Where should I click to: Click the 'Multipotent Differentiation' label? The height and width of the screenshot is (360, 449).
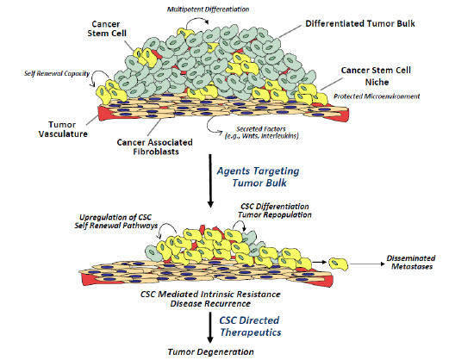(208, 9)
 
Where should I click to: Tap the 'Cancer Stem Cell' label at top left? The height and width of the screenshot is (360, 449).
(107, 28)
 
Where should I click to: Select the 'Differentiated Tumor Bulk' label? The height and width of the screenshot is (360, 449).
(360, 23)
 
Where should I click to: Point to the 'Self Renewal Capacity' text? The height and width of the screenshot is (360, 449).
(57, 73)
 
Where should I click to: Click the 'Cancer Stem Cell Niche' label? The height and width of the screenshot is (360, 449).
(376, 76)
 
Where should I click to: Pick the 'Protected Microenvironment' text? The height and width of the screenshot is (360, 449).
(377, 96)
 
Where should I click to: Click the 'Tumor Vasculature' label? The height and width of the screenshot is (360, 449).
(63, 129)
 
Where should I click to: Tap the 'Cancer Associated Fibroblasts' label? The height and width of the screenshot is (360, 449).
(155, 146)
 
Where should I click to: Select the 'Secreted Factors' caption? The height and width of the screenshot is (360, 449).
(261, 132)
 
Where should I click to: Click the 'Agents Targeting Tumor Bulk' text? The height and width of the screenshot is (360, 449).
(259, 177)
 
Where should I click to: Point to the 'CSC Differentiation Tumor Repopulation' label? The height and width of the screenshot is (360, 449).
(275, 210)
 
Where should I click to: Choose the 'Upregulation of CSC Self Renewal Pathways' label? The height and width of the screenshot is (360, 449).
(116, 221)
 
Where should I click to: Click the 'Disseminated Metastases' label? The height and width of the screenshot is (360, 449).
(411, 263)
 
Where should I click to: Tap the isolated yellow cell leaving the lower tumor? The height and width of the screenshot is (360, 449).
(339, 264)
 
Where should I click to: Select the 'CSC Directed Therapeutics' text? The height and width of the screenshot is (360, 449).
(250, 326)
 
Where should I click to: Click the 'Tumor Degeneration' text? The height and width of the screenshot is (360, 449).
(210, 351)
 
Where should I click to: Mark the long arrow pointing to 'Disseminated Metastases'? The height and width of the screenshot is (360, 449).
(367, 264)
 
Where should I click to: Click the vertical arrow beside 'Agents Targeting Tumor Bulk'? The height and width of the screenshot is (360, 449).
(210, 181)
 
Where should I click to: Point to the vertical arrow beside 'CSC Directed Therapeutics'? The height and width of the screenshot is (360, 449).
(210, 327)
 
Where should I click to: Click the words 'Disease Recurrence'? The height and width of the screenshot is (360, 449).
(210, 303)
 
